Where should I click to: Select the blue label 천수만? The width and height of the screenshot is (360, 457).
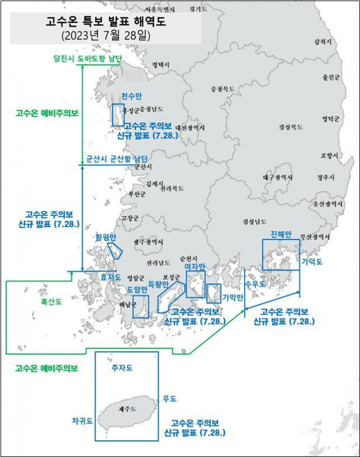pos(130,97)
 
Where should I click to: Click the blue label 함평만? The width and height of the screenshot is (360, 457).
pos(105,237)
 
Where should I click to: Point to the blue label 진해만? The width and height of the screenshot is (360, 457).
pos(280,234)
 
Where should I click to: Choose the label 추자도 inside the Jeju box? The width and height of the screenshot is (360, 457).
pos(121,368)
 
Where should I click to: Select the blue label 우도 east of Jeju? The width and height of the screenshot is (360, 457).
pos(169,399)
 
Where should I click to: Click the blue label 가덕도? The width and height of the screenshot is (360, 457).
pos(312,262)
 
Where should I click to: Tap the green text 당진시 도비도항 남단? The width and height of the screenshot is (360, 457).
pos(88,58)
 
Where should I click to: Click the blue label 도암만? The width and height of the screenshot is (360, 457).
pos(137,289)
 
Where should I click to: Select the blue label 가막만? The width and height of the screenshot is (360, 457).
pos(232,297)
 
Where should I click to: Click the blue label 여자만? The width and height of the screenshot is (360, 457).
pos(195,266)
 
